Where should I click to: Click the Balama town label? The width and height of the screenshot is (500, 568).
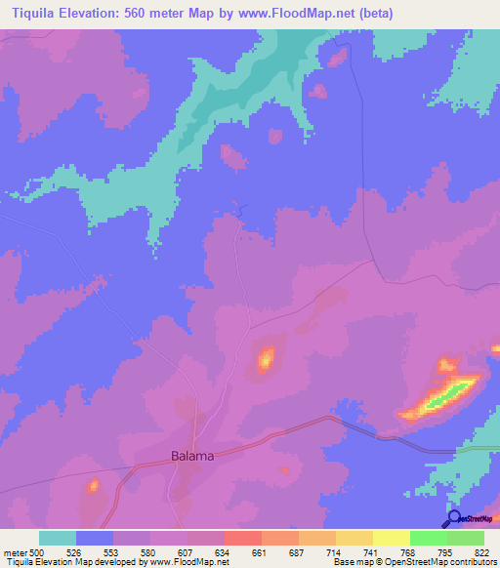click(x=191, y=455)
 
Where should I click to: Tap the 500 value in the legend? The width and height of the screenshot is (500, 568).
click(x=38, y=552)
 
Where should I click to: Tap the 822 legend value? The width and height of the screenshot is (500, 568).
click(x=483, y=552)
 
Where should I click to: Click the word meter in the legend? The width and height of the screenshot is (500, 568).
click(x=14, y=552)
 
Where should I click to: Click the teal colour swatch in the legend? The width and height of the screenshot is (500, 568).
click(x=58, y=538)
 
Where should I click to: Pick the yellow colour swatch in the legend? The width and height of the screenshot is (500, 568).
click(x=392, y=538)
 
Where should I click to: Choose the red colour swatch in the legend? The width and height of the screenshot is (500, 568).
click(x=243, y=538)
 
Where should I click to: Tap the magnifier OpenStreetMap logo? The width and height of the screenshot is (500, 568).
click(x=455, y=520)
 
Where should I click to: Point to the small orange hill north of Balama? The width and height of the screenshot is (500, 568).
click(x=265, y=359)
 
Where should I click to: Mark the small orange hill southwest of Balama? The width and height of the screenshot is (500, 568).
click(x=94, y=485)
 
